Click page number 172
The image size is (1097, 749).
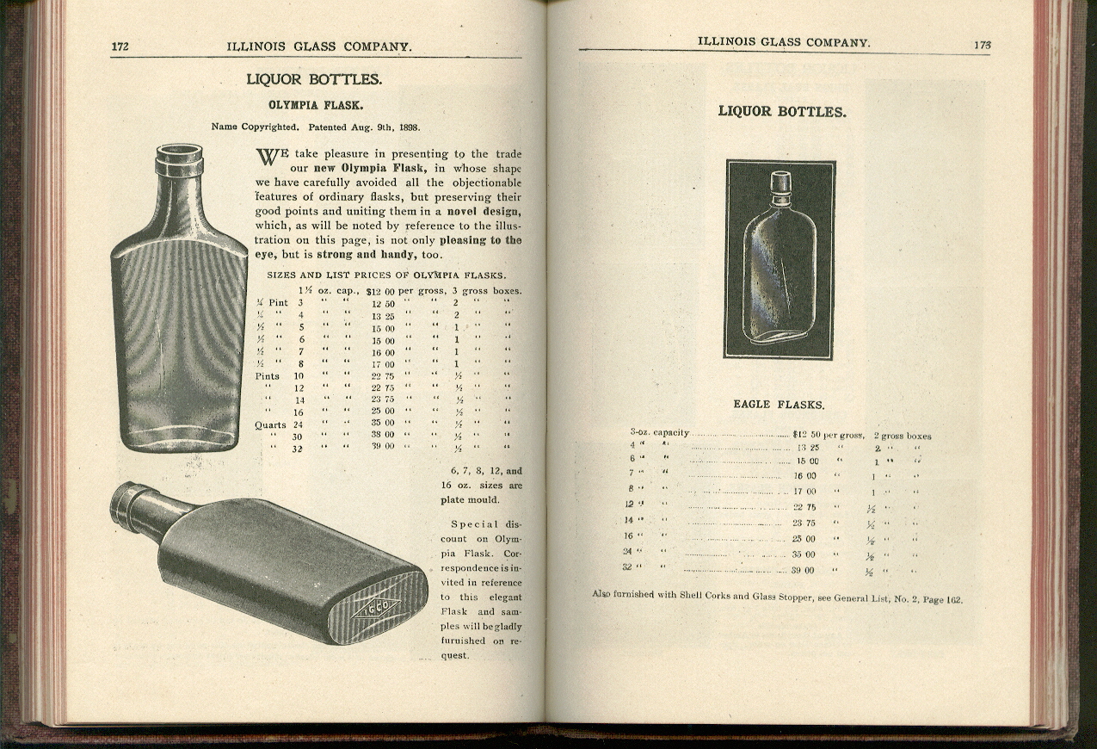click(120, 46)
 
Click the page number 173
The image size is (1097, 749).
click(983, 45)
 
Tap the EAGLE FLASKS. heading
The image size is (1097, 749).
click(779, 404)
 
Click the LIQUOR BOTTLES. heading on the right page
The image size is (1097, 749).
click(781, 111)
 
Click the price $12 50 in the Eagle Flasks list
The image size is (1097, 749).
click(807, 434)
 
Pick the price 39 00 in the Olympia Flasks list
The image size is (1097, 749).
click(383, 446)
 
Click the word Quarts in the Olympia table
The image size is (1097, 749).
click(269, 424)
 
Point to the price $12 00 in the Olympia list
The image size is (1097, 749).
click(380, 291)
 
